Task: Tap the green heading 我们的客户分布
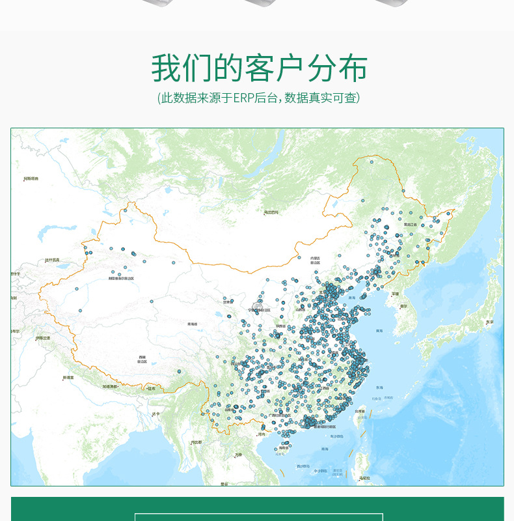tap(259, 68)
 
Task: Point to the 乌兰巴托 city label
tap(271, 212)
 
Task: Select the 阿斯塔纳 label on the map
tap(31, 178)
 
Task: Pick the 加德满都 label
tap(109, 387)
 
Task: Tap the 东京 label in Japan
tap(490, 322)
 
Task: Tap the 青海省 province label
tap(192, 324)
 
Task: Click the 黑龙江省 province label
tap(410, 224)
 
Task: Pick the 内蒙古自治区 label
tap(315, 260)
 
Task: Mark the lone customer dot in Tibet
tap(179, 372)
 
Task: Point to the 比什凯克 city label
tap(53, 260)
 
